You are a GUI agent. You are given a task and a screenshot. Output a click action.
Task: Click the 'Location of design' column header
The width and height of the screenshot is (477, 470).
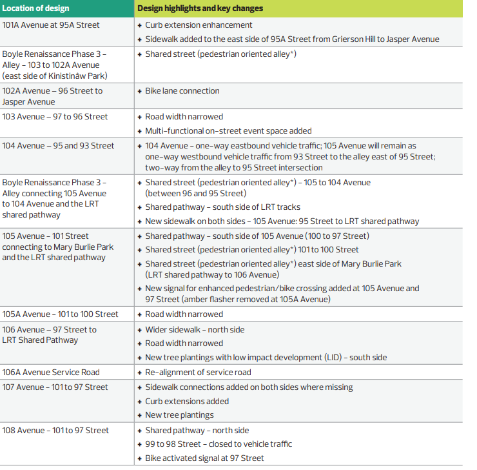(x=35, y=8)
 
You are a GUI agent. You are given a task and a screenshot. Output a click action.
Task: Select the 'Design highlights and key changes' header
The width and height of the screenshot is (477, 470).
(x=200, y=8)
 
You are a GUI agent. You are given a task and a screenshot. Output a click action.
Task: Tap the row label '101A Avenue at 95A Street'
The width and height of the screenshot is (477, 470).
(x=51, y=25)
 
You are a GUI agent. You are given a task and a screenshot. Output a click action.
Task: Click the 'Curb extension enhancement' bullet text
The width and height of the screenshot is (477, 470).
(x=199, y=25)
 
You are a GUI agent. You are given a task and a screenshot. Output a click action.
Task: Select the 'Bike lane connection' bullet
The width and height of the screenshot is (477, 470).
(x=182, y=91)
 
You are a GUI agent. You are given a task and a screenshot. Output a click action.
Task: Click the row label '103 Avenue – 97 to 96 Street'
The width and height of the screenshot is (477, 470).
(x=55, y=117)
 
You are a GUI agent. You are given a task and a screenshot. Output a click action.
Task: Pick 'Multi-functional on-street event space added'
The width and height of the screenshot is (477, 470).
(x=228, y=131)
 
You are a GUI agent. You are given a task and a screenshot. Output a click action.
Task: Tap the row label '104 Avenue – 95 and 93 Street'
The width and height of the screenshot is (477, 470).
(x=58, y=146)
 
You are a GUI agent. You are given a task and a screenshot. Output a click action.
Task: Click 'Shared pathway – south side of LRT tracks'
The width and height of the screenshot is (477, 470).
(x=222, y=207)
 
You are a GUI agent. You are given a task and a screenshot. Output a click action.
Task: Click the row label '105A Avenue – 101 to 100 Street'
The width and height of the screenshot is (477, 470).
(x=61, y=314)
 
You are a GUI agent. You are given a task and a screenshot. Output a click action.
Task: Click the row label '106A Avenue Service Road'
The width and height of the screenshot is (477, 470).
(x=51, y=373)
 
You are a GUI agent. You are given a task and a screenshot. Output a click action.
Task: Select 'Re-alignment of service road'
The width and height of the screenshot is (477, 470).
(x=198, y=373)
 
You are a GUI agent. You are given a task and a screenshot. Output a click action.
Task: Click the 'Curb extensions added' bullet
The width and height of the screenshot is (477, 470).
(x=187, y=402)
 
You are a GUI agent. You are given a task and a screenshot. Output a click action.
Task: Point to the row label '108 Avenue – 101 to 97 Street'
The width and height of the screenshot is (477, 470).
(x=55, y=431)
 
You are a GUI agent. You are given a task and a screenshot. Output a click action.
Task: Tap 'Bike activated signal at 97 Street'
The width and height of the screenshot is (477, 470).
(x=204, y=458)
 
